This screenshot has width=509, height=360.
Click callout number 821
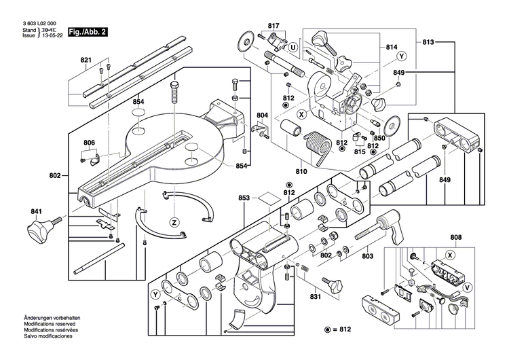click(x=86, y=60)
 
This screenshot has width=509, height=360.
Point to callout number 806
click(x=90, y=142)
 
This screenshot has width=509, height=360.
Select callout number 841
click(x=35, y=211)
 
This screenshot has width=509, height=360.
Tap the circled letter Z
click(x=174, y=222)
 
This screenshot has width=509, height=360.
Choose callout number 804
click(x=263, y=115)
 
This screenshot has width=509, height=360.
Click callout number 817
click(x=274, y=26)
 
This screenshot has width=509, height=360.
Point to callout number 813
click(x=428, y=42)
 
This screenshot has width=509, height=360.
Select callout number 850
click(x=379, y=138)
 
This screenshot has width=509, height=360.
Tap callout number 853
click(x=244, y=198)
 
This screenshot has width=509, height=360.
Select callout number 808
click(x=455, y=237)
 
